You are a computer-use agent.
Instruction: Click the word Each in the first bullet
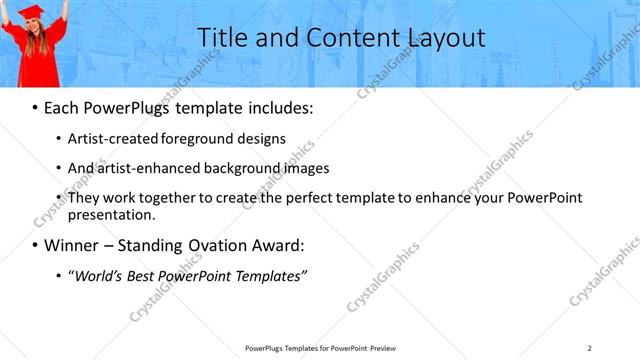coord(61,106)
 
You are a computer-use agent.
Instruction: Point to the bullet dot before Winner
coord(36,246)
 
